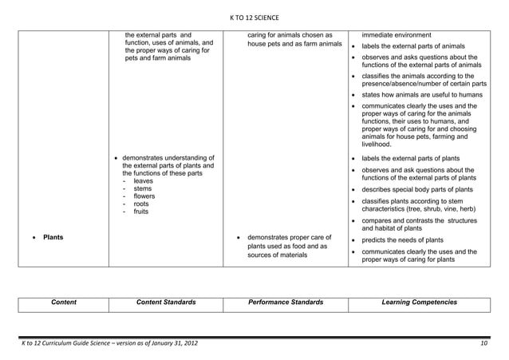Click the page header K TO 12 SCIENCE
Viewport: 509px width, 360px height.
click(x=254, y=18)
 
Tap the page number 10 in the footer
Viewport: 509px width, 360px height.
click(x=483, y=343)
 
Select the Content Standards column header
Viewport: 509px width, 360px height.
click(x=166, y=303)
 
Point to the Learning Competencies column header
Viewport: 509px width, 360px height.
click(x=420, y=303)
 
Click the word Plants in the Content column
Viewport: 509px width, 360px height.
click(x=53, y=237)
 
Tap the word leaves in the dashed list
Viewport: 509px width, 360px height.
click(x=144, y=181)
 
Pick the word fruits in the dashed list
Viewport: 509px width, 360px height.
click(x=143, y=212)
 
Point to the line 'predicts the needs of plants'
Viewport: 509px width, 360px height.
click(x=408, y=239)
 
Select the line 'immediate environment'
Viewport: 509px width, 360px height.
click(x=397, y=35)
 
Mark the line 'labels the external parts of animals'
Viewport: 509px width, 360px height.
click(x=419, y=45)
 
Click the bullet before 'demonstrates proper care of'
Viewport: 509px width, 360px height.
click(x=239, y=238)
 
